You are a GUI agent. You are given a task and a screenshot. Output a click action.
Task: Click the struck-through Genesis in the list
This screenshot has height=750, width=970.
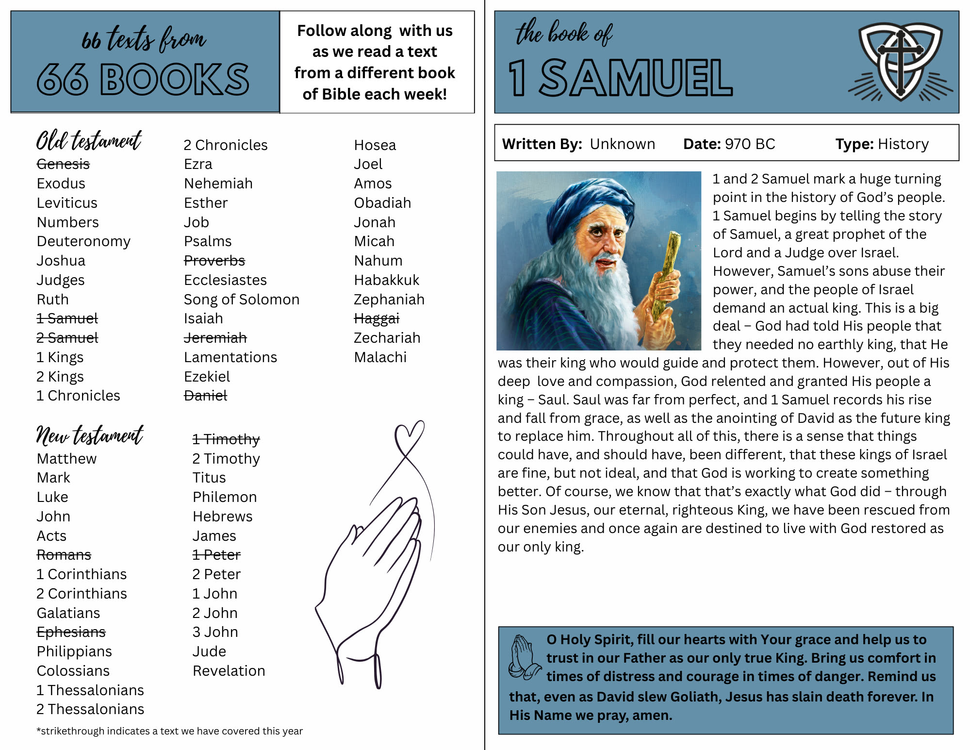pos(63,165)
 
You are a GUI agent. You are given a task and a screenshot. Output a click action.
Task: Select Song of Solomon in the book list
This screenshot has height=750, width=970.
pos(241,300)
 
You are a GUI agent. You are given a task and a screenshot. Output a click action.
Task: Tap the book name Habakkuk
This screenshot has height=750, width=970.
pos(386,280)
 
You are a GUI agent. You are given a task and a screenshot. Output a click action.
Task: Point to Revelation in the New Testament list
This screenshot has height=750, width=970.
pos(229,671)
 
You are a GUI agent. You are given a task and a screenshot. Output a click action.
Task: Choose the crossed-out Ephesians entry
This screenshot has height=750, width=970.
pos(71,632)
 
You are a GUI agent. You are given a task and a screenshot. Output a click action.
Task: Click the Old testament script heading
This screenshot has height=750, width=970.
pos(89,141)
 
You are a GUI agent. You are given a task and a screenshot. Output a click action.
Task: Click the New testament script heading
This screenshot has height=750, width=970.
pos(90,435)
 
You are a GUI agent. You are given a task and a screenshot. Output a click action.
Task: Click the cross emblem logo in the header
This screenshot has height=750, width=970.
pos(900,62)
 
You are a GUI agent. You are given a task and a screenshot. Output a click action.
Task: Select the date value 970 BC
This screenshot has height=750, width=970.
pos(750,144)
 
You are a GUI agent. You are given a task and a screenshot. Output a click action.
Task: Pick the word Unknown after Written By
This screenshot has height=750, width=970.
pos(622,144)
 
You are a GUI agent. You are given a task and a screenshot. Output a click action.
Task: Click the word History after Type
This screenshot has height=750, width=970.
pos(903,144)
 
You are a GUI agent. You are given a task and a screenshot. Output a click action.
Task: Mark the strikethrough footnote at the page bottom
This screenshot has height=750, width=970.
pos(169,731)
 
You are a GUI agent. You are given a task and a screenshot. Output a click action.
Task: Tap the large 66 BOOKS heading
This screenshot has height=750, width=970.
pos(143,79)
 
